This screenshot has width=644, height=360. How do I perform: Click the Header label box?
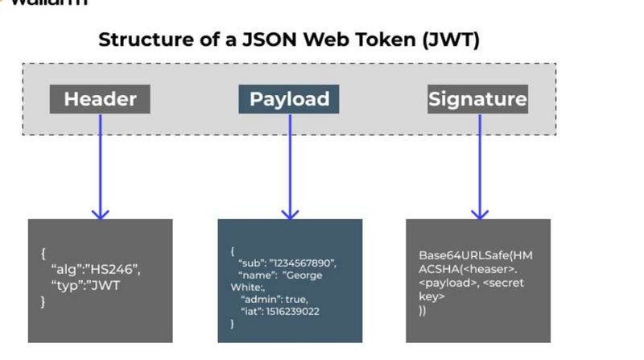click(100, 99)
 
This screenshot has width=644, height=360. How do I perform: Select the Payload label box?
click(289, 99)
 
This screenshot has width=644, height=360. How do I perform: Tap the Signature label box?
click(477, 99)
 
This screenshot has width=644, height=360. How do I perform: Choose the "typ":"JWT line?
click(85, 285)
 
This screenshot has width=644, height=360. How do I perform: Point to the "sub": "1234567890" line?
click(288, 263)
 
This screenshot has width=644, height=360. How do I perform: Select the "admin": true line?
click(274, 299)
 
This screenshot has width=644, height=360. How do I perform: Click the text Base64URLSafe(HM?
click(476, 255)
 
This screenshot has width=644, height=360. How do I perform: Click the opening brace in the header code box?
click(43, 253)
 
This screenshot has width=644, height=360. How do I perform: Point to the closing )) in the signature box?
click(423, 310)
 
